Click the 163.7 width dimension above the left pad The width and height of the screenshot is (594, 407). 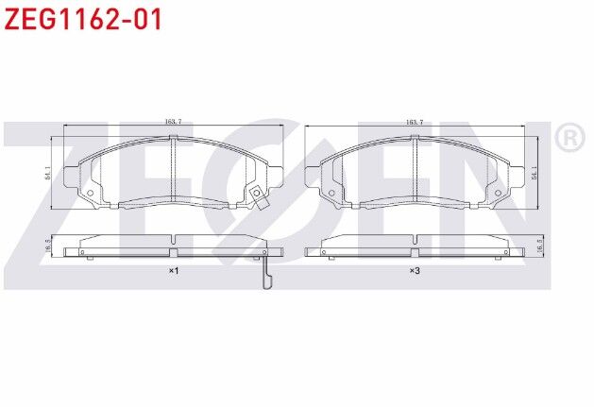[173, 122]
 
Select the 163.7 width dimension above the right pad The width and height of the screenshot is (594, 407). [414, 122]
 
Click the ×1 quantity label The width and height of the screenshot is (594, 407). [173, 271]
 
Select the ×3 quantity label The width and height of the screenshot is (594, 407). [414, 271]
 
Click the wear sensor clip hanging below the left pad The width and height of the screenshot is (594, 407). [266, 274]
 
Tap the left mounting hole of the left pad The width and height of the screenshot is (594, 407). [90, 196]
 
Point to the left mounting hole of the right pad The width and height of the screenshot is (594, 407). [331, 196]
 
